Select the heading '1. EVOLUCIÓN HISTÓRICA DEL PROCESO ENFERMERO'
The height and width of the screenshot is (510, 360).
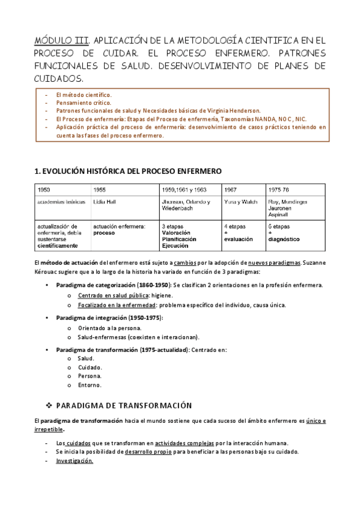click(x=129, y=171)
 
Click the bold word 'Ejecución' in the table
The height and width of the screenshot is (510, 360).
click(x=175, y=245)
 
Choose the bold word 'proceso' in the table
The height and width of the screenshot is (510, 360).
click(x=104, y=233)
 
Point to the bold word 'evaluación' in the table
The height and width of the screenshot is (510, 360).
click(x=239, y=239)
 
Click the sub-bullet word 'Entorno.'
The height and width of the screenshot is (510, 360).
click(x=90, y=385)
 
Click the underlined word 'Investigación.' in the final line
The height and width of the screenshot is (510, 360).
click(x=75, y=461)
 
